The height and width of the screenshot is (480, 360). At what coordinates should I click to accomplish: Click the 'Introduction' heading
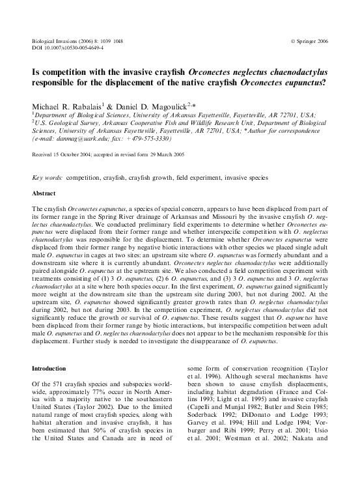tap(49, 368)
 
